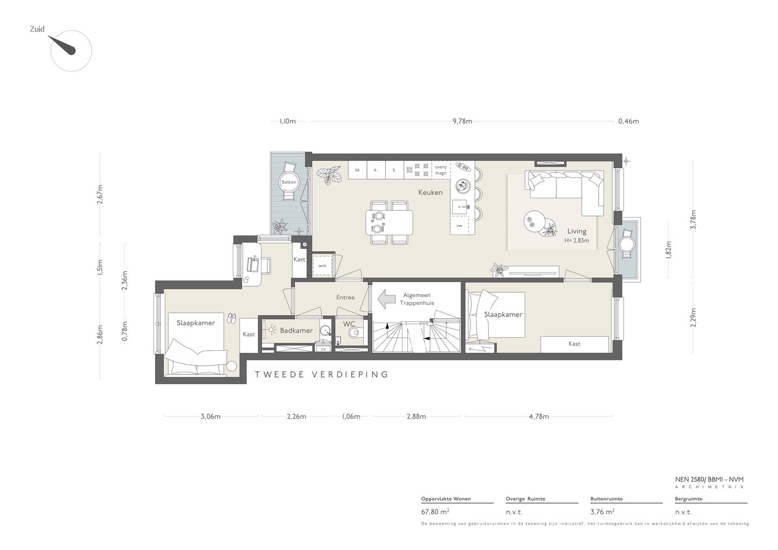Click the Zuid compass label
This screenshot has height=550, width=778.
click(x=37, y=29)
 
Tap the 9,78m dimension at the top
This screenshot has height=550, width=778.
click(x=462, y=121)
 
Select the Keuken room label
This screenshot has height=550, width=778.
click(x=430, y=192)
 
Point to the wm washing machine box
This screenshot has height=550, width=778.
click(x=323, y=266)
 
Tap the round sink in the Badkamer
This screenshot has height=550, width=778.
click(x=325, y=330)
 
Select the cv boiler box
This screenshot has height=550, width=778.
click(x=323, y=348)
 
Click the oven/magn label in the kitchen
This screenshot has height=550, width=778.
click(x=441, y=170)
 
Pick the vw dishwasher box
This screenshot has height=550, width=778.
click(x=459, y=225)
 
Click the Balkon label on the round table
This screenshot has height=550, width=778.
click(x=289, y=182)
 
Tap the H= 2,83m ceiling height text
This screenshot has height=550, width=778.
click(x=576, y=240)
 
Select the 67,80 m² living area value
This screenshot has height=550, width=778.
click(x=435, y=512)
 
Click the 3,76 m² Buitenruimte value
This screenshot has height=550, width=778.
click(x=602, y=512)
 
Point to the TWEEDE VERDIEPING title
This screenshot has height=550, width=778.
click(x=321, y=374)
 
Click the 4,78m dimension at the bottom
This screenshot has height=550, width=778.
click(x=539, y=417)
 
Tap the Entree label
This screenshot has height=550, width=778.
click(x=345, y=297)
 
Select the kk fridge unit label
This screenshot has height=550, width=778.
click(x=358, y=170)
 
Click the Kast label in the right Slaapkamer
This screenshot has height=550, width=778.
click(x=574, y=344)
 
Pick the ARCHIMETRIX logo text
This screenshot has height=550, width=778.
click(x=709, y=487)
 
